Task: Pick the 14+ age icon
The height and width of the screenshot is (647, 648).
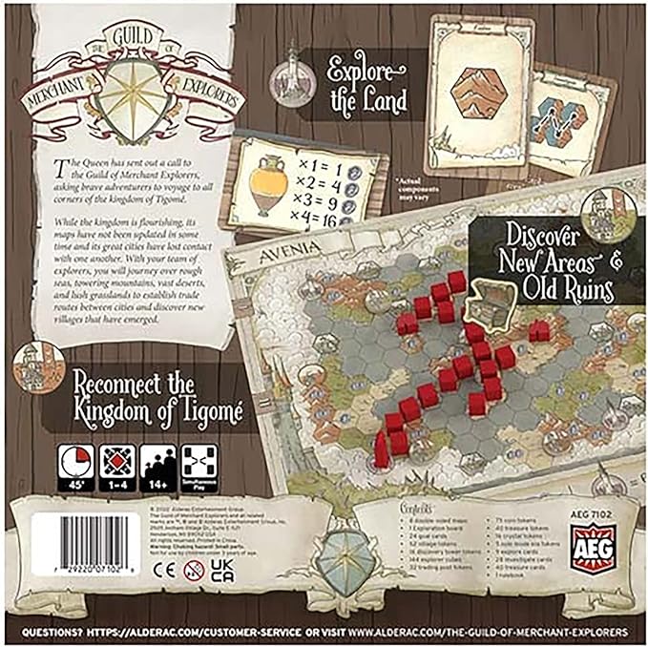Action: (x=157, y=463)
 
